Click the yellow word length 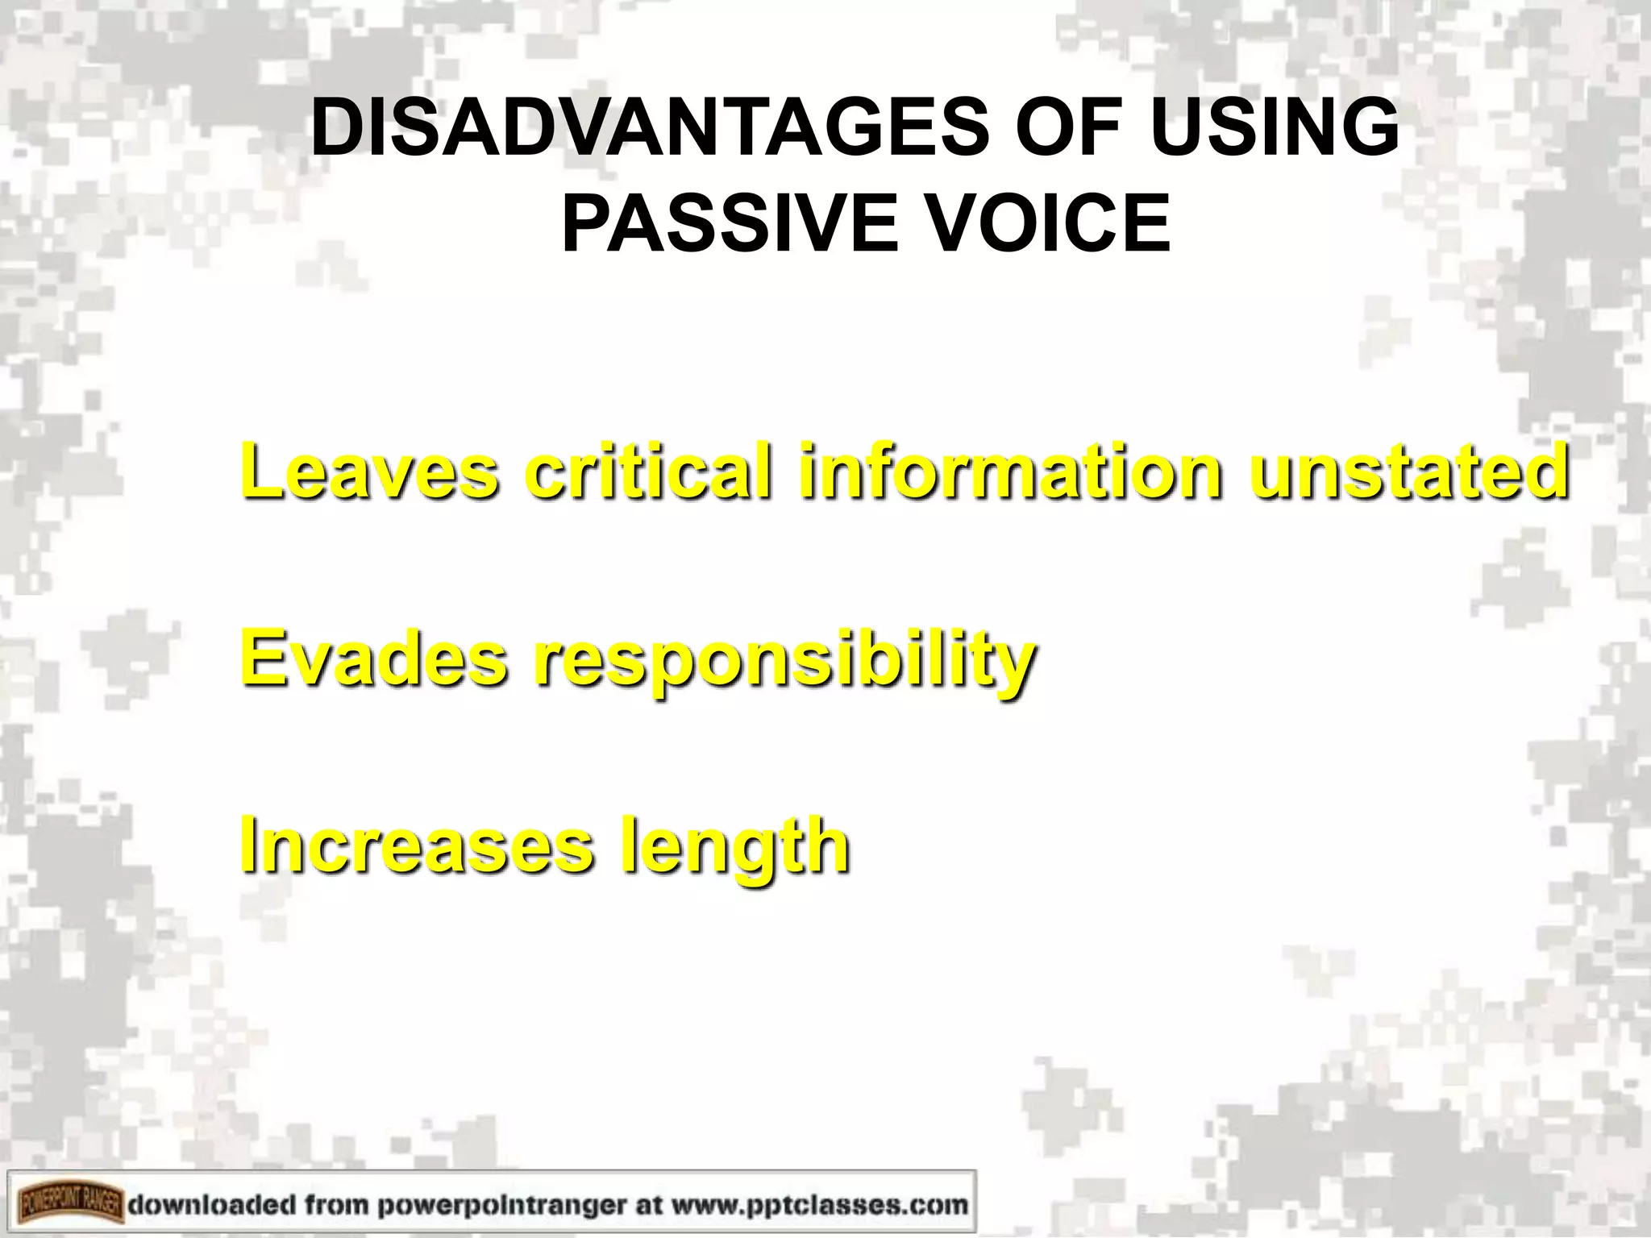pos(734,848)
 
